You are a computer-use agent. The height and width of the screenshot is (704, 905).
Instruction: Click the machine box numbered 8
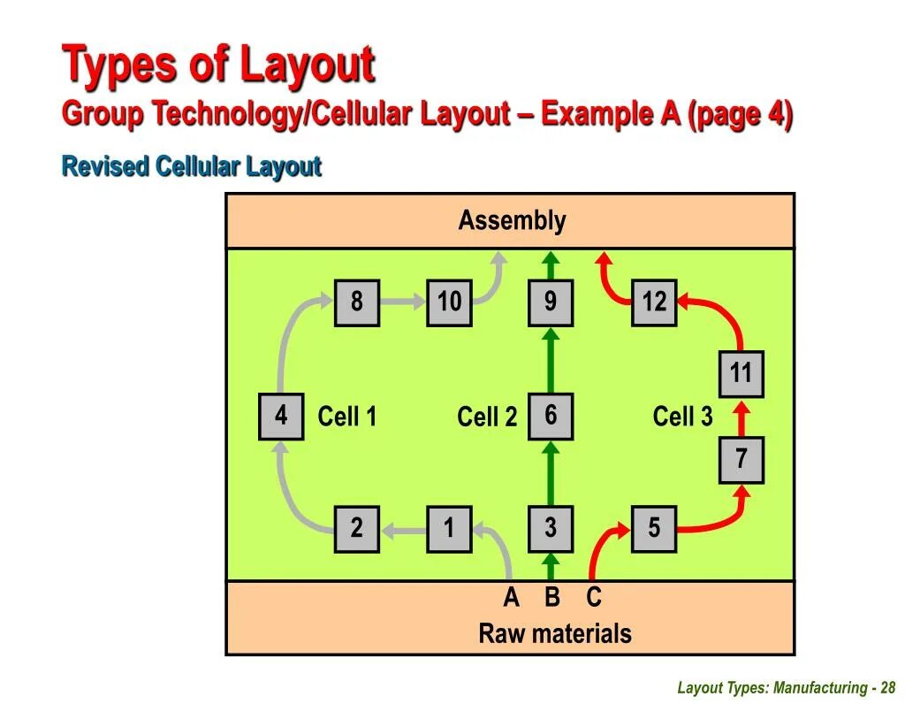[356, 302]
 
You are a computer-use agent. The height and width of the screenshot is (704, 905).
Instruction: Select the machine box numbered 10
[449, 302]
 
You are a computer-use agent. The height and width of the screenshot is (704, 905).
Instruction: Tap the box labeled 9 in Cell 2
[551, 302]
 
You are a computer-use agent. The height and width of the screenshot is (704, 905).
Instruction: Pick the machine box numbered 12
[654, 302]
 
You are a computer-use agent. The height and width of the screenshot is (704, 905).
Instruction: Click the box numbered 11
[741, 374]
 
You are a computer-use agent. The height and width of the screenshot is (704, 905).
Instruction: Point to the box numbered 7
[741, 459]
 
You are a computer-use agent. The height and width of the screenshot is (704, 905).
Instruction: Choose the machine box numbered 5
[654, 529]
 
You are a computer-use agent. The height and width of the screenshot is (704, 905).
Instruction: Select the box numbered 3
[551, 529]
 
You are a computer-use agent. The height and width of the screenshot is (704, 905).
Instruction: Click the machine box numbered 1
[449, 529]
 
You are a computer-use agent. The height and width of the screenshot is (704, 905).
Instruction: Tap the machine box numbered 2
[356, 529]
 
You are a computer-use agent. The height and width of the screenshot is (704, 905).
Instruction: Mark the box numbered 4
[281, 416]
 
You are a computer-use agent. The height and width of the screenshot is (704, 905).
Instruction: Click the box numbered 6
[551, 416]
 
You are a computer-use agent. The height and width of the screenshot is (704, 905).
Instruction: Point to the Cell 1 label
[347, 417]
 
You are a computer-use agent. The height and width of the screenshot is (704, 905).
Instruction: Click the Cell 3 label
[682, 417]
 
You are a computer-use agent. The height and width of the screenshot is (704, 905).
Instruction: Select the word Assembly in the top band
[512, 221]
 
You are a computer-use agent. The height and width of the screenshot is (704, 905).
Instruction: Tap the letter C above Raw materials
[593, 598]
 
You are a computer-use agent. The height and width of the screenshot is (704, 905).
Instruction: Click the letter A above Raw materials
[511, 598]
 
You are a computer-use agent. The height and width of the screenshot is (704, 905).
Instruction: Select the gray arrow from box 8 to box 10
[402, 302]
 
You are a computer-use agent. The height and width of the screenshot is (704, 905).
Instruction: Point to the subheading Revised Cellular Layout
[191, 166]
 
